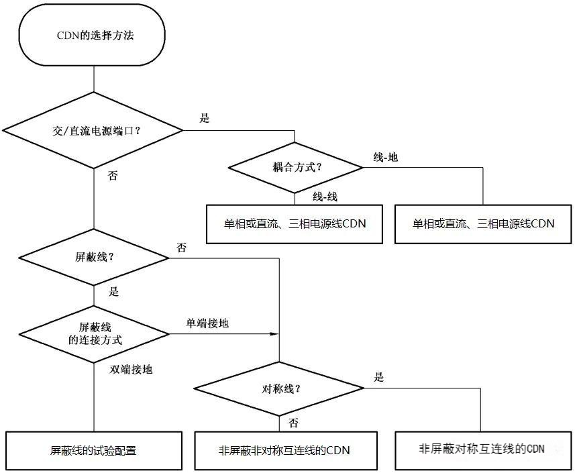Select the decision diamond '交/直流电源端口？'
pos(94,130)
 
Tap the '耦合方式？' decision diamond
pos(295,168)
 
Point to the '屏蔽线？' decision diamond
pos(94,257)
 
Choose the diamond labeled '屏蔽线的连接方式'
pos(94,333)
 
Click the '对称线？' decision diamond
pos(279,388)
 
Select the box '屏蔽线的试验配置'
pos(94,451)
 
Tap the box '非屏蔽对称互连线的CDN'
pos(481,449)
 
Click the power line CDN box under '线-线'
pos(295,223)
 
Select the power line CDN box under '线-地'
pos(483,223)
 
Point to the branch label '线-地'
pos(385,157)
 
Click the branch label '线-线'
pos(324,197)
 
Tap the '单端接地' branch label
pos(207,323)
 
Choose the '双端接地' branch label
pos(131,369)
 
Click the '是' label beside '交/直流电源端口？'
pos(205,119)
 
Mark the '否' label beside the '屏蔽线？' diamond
pos(181,248)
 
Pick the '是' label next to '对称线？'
pos(378,378)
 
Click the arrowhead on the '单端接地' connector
pos(275,333)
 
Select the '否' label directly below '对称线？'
pos(293,423)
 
